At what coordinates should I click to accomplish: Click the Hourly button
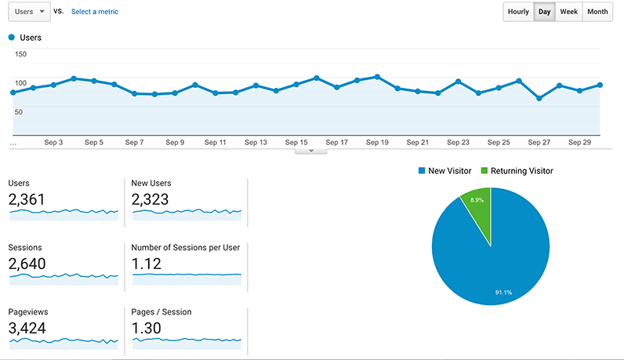(x=518, y=12)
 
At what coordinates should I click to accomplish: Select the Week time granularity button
(x=569, y=12)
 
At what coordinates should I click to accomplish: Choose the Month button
(x=597, y=12)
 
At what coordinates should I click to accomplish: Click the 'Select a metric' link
(x=95, y=12)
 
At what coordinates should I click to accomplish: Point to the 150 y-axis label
(x=20, y=54)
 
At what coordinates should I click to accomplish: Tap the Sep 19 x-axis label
(x=378, y=143)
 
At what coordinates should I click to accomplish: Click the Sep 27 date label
(x=539, y=143)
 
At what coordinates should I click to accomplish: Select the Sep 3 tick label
(x=53, y=143)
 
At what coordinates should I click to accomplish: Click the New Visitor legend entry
(x=445, y=170)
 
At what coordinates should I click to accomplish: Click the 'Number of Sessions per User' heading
(x=186, y=248)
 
